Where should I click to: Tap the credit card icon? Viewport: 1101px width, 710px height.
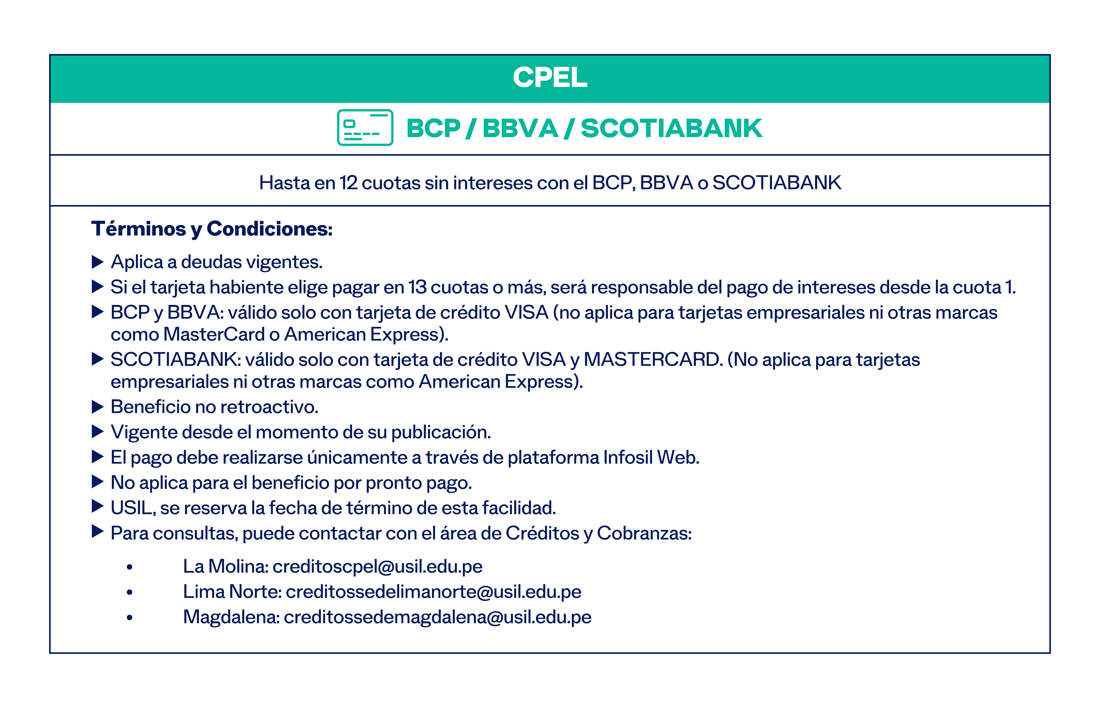coord(365,128)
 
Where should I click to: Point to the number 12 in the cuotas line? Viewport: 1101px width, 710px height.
coord(349,183)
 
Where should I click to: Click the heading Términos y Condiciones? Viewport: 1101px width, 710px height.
coord(212,229)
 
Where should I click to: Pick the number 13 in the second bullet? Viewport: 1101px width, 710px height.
coord(417,287)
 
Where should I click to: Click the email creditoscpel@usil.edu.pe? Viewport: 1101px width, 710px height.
coord(377,567)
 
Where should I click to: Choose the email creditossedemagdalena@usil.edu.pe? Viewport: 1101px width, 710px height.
coord(437,617)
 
